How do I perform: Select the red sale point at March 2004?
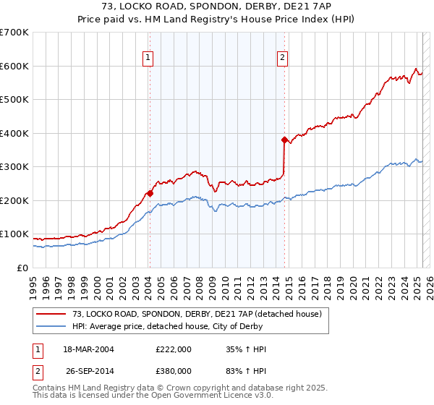point(150,193)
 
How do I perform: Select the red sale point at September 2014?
point(284,140)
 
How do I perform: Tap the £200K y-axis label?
point(14,200)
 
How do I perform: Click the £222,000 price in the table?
point(174,349)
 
